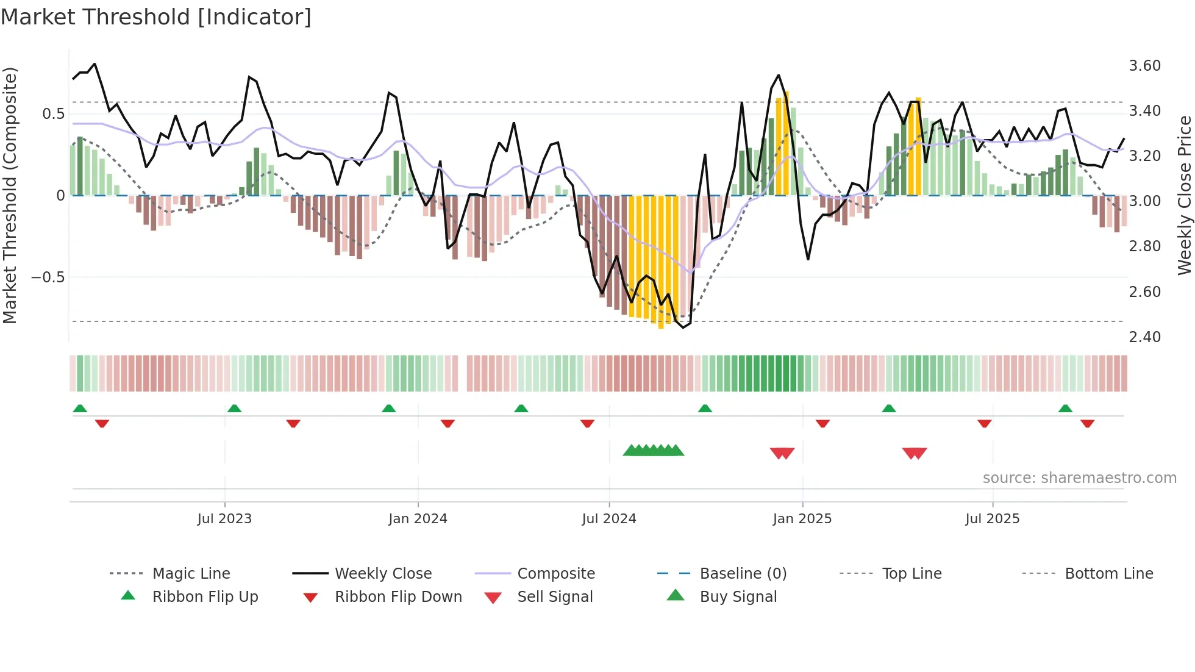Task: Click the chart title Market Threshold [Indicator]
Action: point(156,17)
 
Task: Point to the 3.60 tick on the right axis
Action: point(1144,66)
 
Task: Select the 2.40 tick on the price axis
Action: point(1144,337)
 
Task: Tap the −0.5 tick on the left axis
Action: point(48,277)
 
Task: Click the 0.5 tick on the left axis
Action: point(53,114)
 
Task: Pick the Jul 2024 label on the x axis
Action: point(608,519)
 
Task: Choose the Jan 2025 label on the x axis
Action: point(802,519)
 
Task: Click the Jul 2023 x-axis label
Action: point(224,519)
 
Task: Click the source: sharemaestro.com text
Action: point(1079,478)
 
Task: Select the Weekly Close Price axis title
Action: point(1184,195)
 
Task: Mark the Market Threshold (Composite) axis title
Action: point(10,195)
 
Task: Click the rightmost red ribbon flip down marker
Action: point(1087,423)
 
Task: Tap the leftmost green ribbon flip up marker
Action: point(80,409)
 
